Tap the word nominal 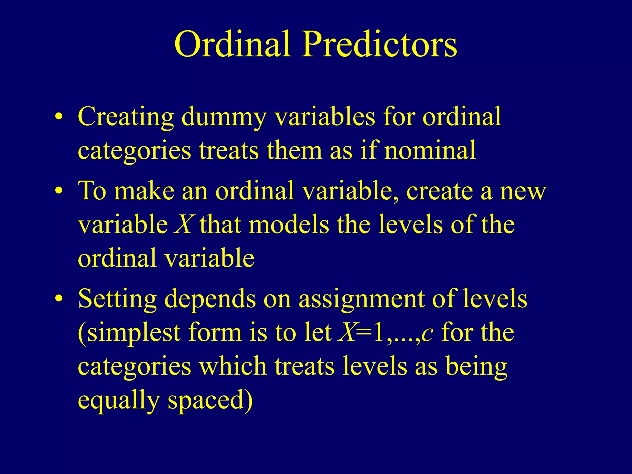pos(430,151)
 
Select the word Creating pos(126,118)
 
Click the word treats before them pos(229,151)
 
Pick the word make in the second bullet pos(144,191)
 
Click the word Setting pos(117,299)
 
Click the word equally pos(118,400)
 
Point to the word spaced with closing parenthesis pos(210,400)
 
